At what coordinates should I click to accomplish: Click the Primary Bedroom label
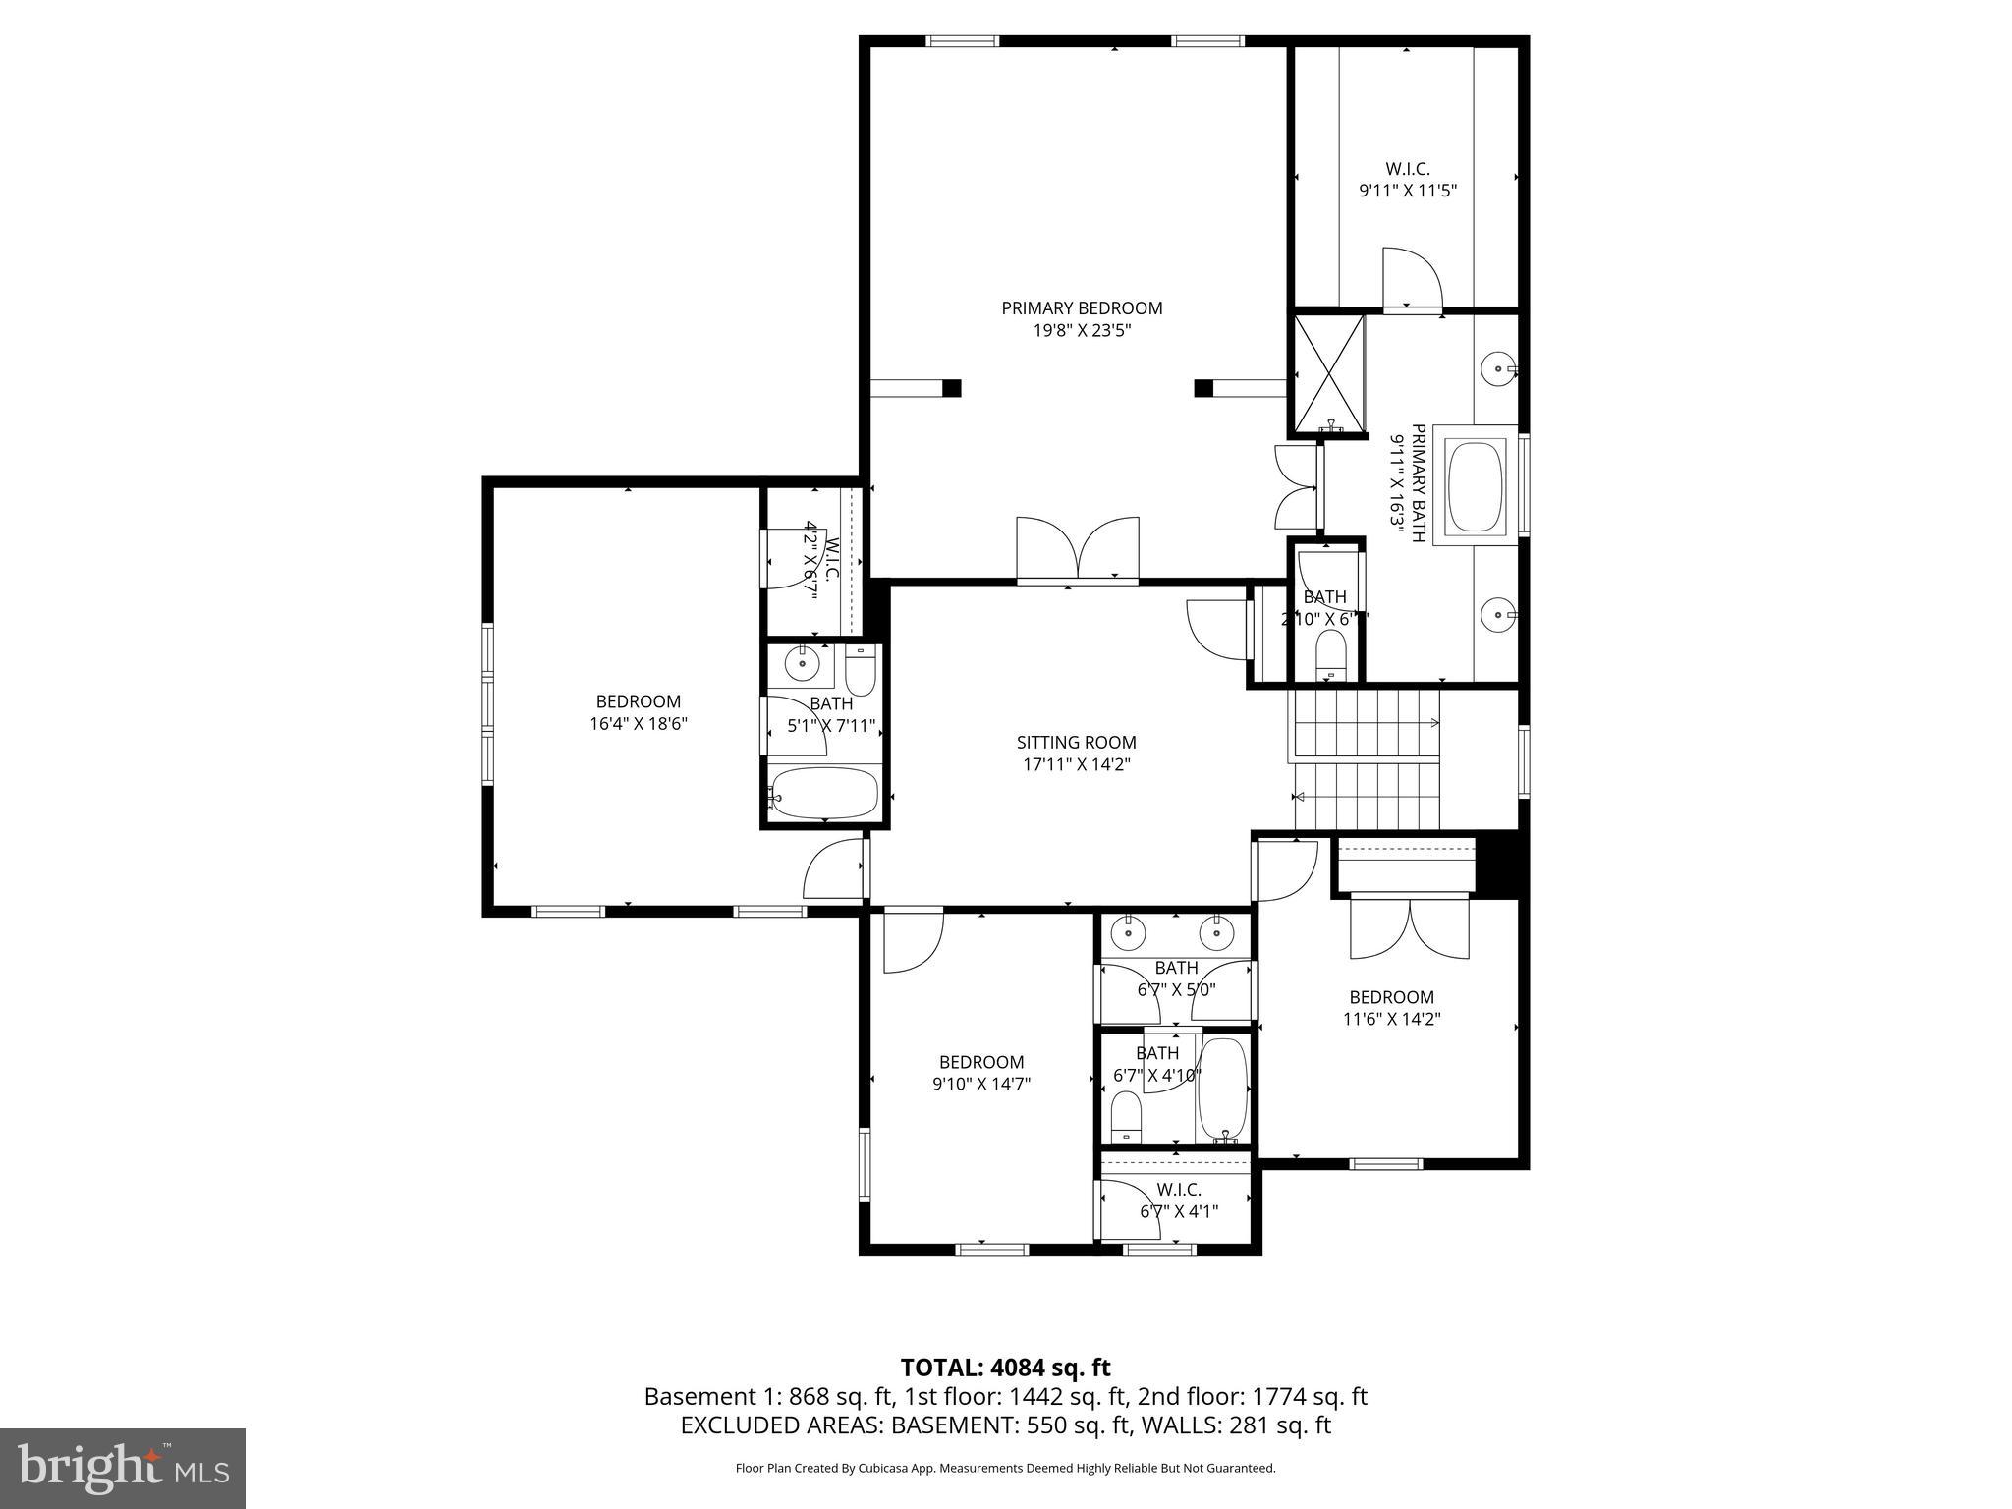coord(1082,308)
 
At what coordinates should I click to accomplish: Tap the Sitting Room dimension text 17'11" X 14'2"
coord(1076,764)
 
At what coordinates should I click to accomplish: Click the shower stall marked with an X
coord(1328,374)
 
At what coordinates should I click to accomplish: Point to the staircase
coord(1367,759)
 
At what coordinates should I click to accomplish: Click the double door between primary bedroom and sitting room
coord(1078,549)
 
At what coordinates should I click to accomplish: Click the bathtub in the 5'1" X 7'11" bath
coord(824,792)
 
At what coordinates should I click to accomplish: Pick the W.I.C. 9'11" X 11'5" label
coord(1407,181)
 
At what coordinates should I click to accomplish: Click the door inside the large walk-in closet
coord(1411,278)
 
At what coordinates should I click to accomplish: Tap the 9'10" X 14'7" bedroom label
coord(981,1073)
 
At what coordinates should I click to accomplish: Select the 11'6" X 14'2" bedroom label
coord(1391,1008)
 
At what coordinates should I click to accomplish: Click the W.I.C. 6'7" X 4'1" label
coord(1179,1201)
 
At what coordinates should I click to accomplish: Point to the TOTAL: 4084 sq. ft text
coord(1005,1368)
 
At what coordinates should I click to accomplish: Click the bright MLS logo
coord(123,1469)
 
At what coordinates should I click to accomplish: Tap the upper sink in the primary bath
coord(1498,370)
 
